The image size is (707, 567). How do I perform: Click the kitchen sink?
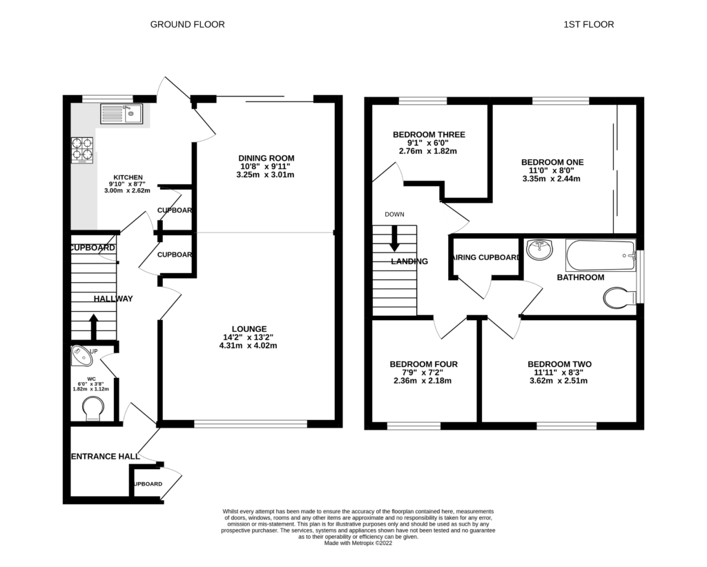121,113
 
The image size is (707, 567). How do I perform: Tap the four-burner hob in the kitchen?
82,150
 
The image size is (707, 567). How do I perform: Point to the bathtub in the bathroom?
600,255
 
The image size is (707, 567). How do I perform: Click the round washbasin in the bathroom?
539,250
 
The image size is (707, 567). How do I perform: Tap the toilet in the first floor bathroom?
619,299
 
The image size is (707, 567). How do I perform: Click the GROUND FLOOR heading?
188,25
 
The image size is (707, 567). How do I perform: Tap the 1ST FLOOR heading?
588,25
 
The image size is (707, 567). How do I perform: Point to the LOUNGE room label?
249,328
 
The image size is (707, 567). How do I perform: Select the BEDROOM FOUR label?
423,364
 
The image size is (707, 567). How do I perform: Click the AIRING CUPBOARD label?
486,257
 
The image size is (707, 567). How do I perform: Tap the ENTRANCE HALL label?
106,456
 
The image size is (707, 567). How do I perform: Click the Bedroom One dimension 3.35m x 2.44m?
551,179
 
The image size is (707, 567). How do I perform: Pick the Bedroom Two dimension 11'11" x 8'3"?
559,372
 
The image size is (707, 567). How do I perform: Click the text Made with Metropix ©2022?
358,543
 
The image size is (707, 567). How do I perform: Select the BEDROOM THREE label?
429,135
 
